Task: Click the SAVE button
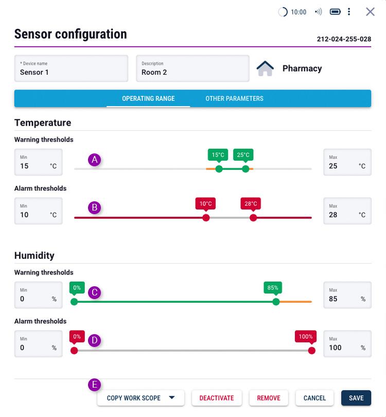click(356, 398)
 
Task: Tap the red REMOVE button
click(269, 398)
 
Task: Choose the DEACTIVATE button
click(217, 398)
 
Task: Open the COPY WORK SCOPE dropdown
click(141, 398)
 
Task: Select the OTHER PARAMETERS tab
click(234, 98)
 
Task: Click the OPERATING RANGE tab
click(148, 98)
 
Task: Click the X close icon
click(370, 12)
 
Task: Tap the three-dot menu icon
click(349, 12)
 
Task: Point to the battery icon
click(335, 12)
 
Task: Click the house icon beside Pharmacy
click(265, 68)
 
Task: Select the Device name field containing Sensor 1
click(71, 68)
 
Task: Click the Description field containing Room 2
click(192, 68)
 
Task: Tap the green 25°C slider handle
click(245, 169)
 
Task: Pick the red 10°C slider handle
click(206, 218)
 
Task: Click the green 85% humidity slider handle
click(276, 302)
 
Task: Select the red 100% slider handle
click(311, 351)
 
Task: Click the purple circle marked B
click(94, 207)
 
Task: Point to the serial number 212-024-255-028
click(344, 39)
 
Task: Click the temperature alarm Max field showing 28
click(347, 211)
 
